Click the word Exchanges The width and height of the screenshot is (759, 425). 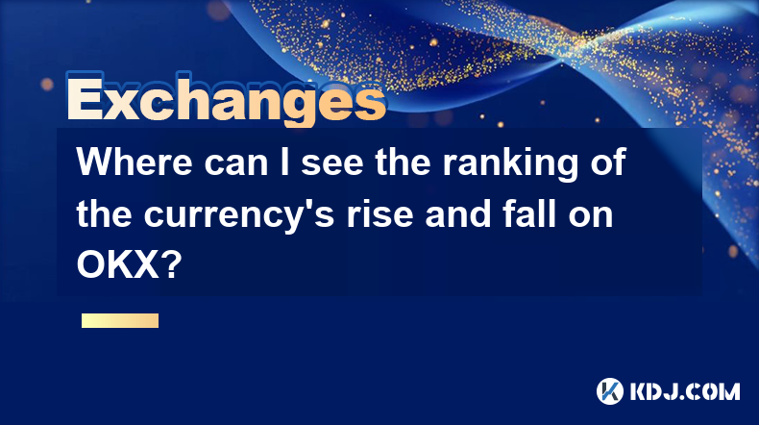pos(227,99)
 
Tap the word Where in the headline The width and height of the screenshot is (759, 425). pos(135,162)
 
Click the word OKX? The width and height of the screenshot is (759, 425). pos(129,265)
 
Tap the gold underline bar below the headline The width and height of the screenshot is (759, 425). pos(120,320)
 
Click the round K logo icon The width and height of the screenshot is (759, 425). pos(609,391)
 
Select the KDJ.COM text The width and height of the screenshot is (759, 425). pos(685,391)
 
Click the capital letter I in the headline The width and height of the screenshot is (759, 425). pos(285,162)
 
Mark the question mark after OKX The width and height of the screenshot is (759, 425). pos(172,265)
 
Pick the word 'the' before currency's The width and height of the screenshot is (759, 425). pos(104,213)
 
